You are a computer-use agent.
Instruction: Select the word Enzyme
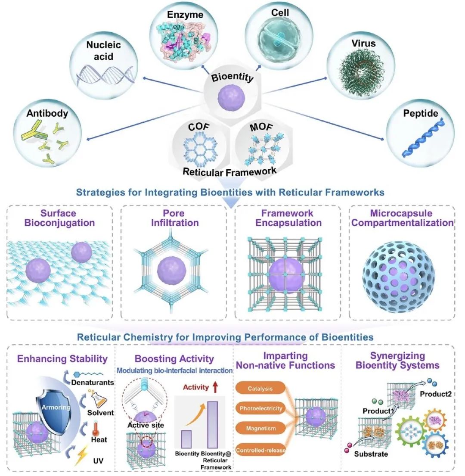(180, 16)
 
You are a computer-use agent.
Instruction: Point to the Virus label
(363, 44)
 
